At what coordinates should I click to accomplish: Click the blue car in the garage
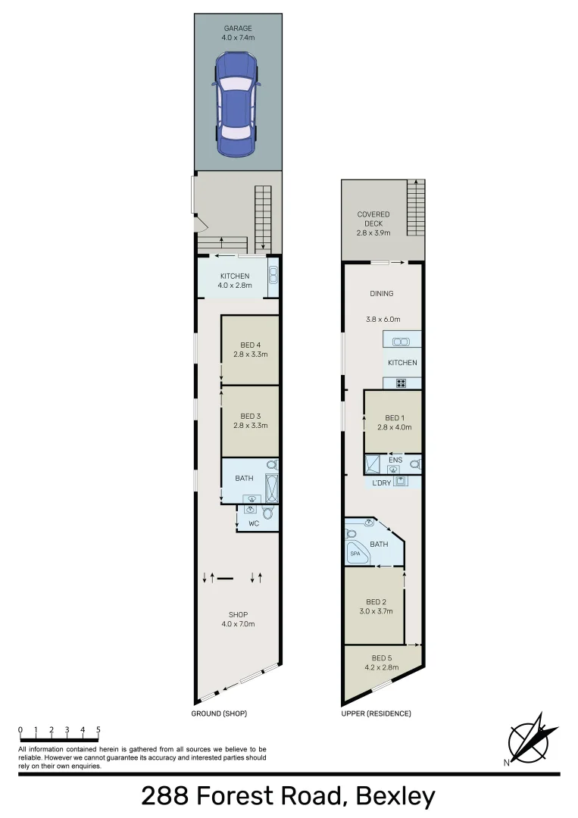click(237, 104)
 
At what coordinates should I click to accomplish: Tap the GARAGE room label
click(237, 29)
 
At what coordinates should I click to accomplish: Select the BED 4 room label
click(250, 345)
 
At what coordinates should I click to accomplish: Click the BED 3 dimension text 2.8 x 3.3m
click(250, 426)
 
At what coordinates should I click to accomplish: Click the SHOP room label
click(238, 614)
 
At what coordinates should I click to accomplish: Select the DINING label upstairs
click(382, 294)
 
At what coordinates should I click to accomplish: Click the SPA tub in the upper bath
click(356, 554)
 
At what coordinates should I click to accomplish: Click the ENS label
click(395, 460)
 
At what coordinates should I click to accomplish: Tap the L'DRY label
click(381, 482)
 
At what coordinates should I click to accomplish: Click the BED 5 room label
click(382, 657)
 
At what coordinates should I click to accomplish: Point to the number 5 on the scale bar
click(98, 730)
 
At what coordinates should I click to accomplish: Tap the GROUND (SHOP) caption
click(220, 713)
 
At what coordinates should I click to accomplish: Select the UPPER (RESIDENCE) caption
click(376, 713)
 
